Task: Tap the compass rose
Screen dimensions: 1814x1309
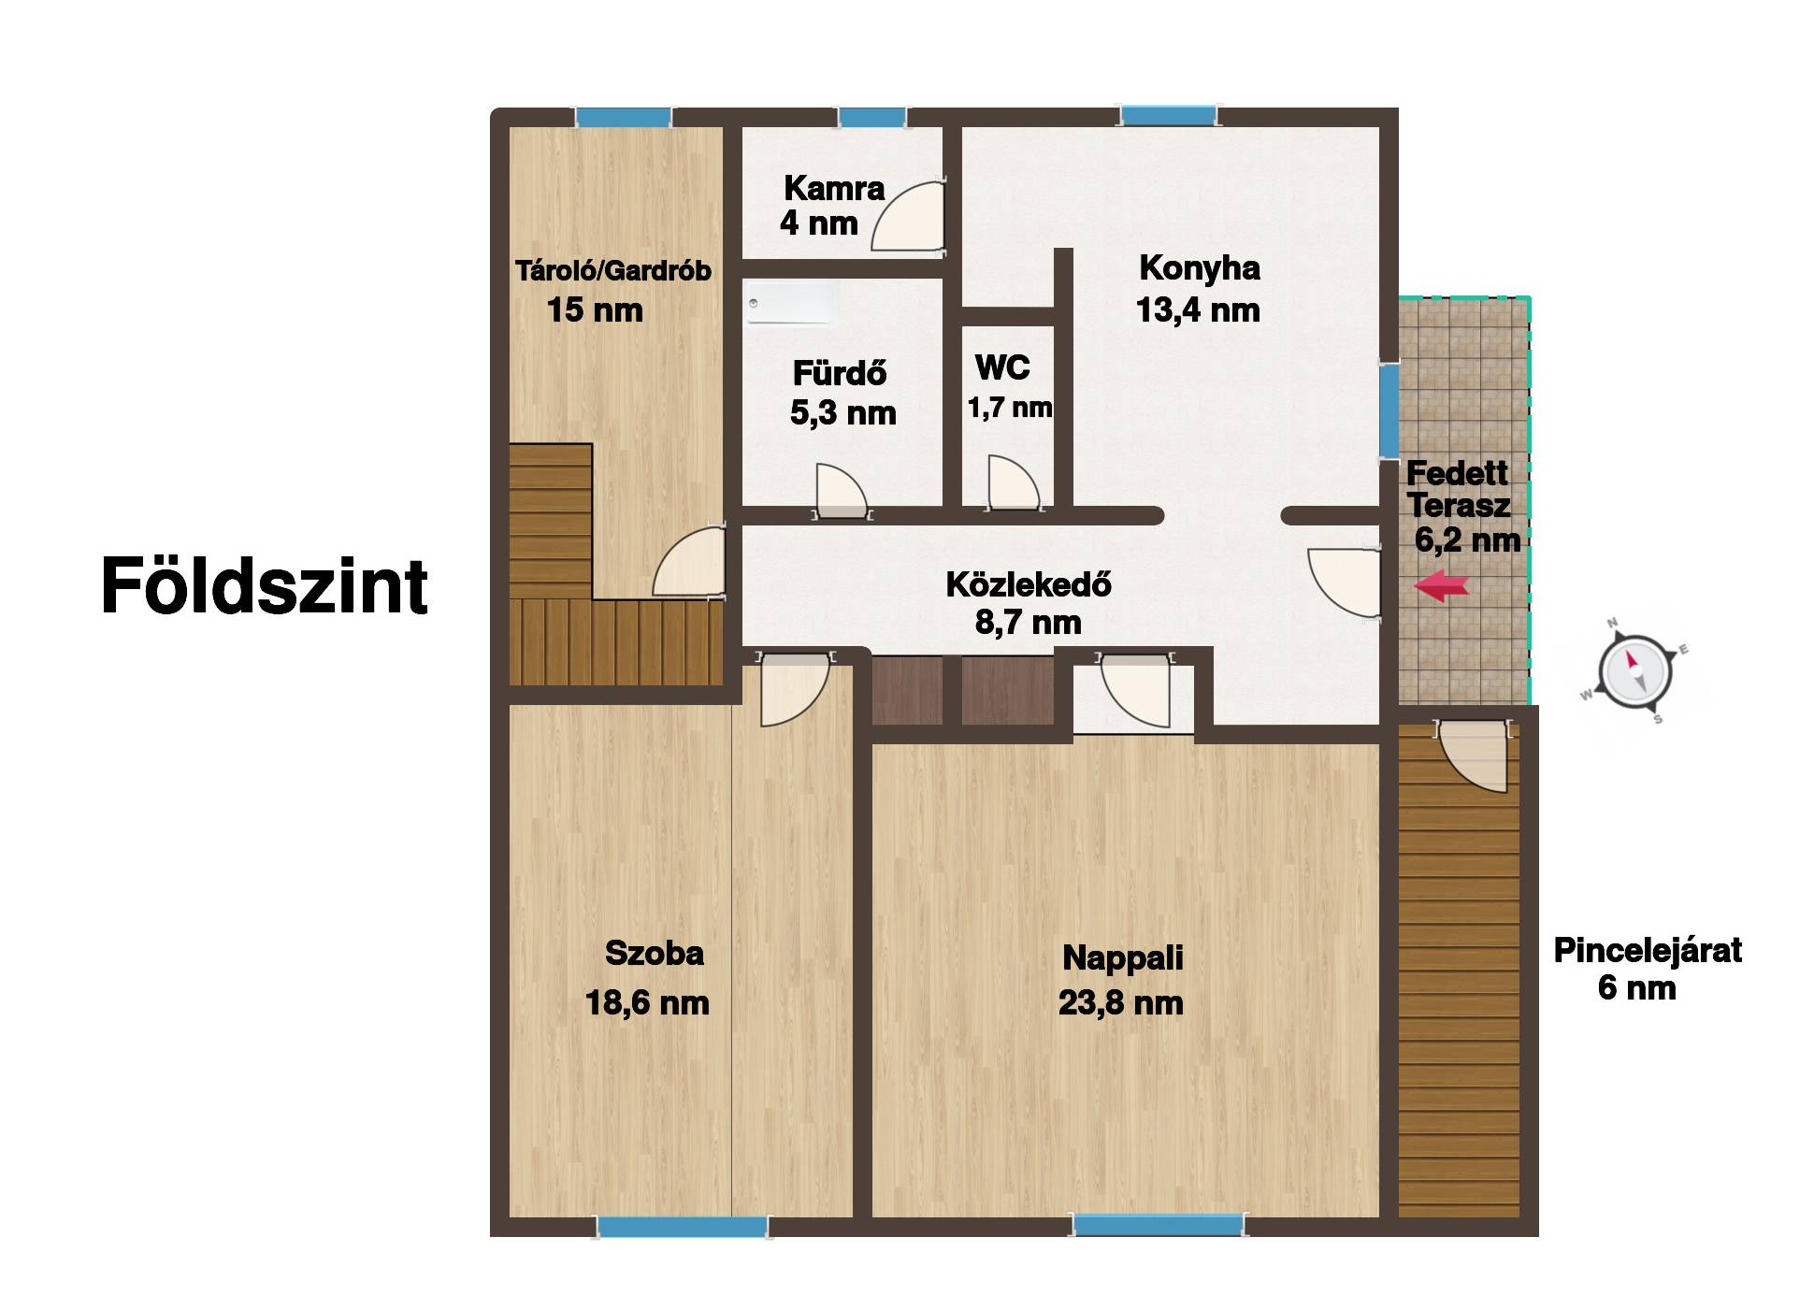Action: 1634,670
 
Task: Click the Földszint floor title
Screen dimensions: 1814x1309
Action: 265,585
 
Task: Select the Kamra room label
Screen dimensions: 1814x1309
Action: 834,188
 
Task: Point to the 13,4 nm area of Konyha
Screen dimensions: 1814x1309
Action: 1198,310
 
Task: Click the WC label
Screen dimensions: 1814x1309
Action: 1002,367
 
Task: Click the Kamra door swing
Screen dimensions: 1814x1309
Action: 908,215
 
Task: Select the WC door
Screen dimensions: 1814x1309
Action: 1014,482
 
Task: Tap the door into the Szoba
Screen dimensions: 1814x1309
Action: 794,688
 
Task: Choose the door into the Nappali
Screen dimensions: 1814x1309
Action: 1134,690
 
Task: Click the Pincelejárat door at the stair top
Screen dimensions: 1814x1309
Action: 1472,756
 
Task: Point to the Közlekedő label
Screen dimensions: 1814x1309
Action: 1029,584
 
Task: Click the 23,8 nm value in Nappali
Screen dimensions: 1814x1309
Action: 1121,1003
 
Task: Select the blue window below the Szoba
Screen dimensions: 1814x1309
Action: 683,1226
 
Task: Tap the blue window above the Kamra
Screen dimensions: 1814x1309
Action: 871,118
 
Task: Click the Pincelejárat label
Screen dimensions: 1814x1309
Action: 1648,950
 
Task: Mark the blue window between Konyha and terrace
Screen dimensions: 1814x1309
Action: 1389,410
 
